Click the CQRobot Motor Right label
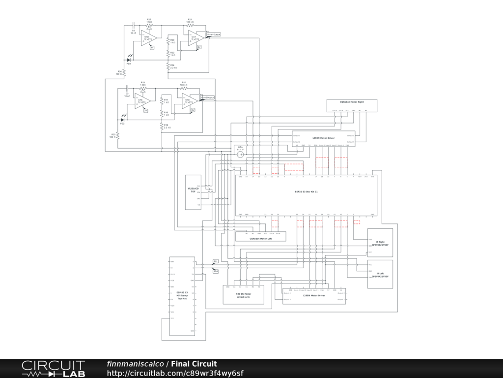352,101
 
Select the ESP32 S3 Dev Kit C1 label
307,191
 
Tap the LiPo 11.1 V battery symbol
240,155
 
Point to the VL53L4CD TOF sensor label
193,190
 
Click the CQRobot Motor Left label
260,239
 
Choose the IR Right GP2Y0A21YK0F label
380,243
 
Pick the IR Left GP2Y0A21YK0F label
380,275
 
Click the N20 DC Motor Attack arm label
244,295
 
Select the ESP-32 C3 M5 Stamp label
182,295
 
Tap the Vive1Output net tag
214,34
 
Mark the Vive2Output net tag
207,97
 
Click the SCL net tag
216,261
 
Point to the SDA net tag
216,271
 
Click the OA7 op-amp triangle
194,38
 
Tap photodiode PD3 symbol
129,60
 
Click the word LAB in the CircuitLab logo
74,374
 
